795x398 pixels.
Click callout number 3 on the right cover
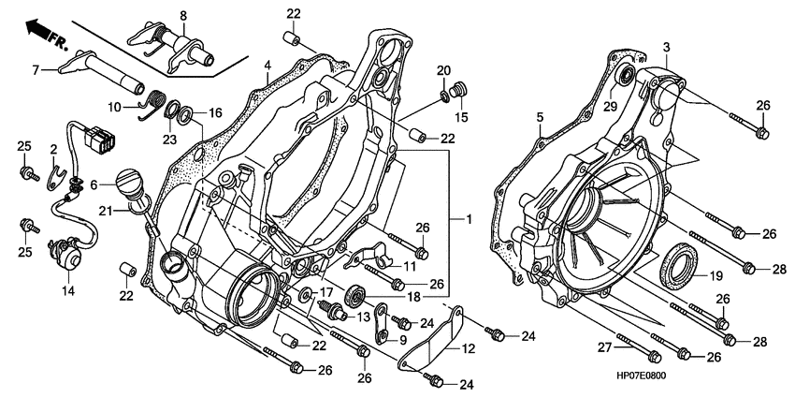(667, 47)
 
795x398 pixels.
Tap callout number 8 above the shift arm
(182, 15)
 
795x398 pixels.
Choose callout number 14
(66, 291)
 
